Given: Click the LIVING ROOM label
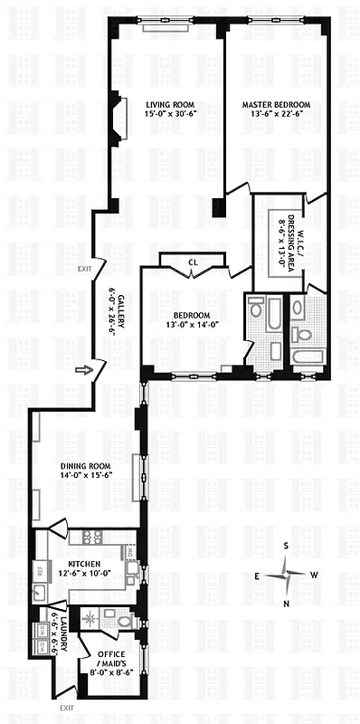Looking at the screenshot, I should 164,104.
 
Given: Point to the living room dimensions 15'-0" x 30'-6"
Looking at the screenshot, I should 164,115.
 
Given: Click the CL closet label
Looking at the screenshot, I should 193,263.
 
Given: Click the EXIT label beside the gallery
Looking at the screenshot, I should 85,269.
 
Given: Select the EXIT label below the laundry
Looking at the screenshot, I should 65,708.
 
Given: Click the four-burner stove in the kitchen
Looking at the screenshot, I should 91,538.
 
